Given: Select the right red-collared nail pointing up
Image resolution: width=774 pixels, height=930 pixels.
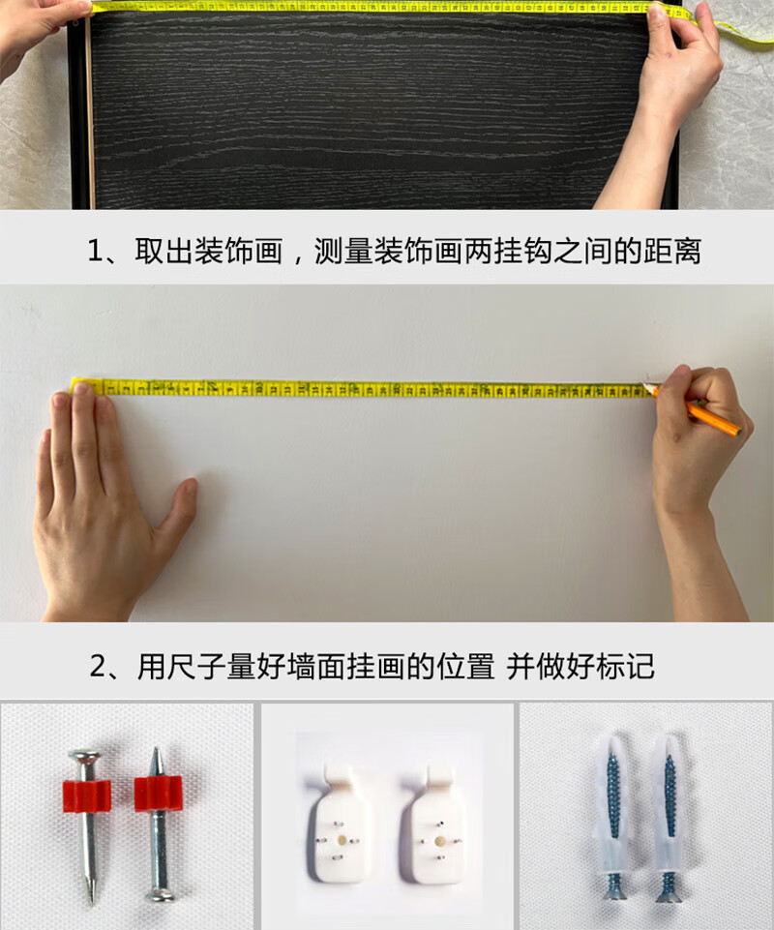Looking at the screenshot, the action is click(158, 825).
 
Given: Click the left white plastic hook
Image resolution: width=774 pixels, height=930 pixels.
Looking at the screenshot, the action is click(338, 824).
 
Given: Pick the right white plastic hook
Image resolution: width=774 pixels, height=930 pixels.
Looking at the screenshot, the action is click(437, 824).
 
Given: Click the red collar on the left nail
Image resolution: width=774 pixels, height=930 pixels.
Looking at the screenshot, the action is click(87, 795).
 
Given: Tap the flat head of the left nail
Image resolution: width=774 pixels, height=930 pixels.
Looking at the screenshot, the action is click(85, 757).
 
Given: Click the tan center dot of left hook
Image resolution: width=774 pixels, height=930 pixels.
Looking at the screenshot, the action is click(342, 840).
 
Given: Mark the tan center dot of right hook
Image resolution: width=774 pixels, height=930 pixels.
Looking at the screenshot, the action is click(439, 841).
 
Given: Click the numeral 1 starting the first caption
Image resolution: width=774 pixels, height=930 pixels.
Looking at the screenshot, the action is click(95, 251).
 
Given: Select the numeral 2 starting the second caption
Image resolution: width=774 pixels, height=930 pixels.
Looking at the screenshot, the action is click(98, 667).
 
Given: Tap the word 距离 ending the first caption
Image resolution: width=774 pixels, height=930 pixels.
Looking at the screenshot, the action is click(672, 251).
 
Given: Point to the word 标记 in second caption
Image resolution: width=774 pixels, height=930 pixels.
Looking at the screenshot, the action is click(626, 667).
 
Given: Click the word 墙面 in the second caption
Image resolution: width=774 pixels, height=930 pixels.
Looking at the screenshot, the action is click(316, 667).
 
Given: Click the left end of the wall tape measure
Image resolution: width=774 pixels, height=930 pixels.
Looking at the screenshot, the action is click(73, 386).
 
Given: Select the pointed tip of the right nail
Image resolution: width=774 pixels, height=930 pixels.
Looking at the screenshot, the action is click(156, 748).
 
